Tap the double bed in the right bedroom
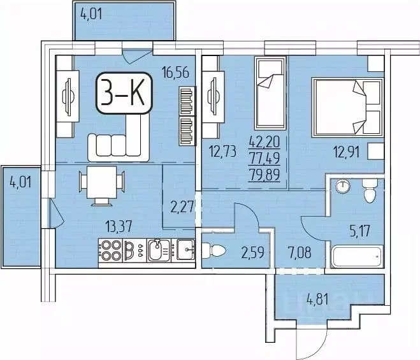click(346, 106)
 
